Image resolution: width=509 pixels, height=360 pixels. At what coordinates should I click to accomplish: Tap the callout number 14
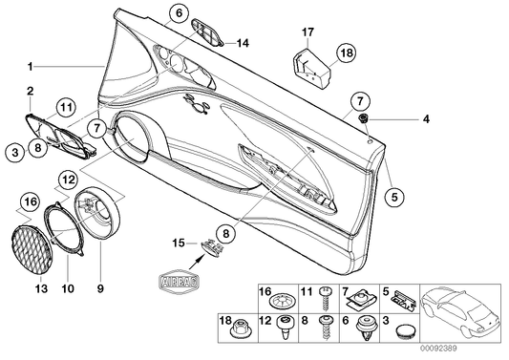tap(243, 43)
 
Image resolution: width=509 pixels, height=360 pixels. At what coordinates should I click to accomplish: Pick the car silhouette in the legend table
tap(463, 310)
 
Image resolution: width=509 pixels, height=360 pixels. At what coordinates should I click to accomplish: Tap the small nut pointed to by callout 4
tap(366, 118)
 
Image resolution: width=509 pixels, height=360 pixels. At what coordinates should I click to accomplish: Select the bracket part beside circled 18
tap(310, 65)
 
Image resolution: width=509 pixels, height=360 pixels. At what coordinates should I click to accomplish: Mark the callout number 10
tap(67, 286)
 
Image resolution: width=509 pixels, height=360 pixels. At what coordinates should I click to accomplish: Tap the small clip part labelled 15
tap(212, 246)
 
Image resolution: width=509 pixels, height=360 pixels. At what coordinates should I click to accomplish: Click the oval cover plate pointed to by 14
tap(207, 35)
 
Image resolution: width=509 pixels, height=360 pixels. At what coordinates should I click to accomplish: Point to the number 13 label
tap(40, 286)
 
